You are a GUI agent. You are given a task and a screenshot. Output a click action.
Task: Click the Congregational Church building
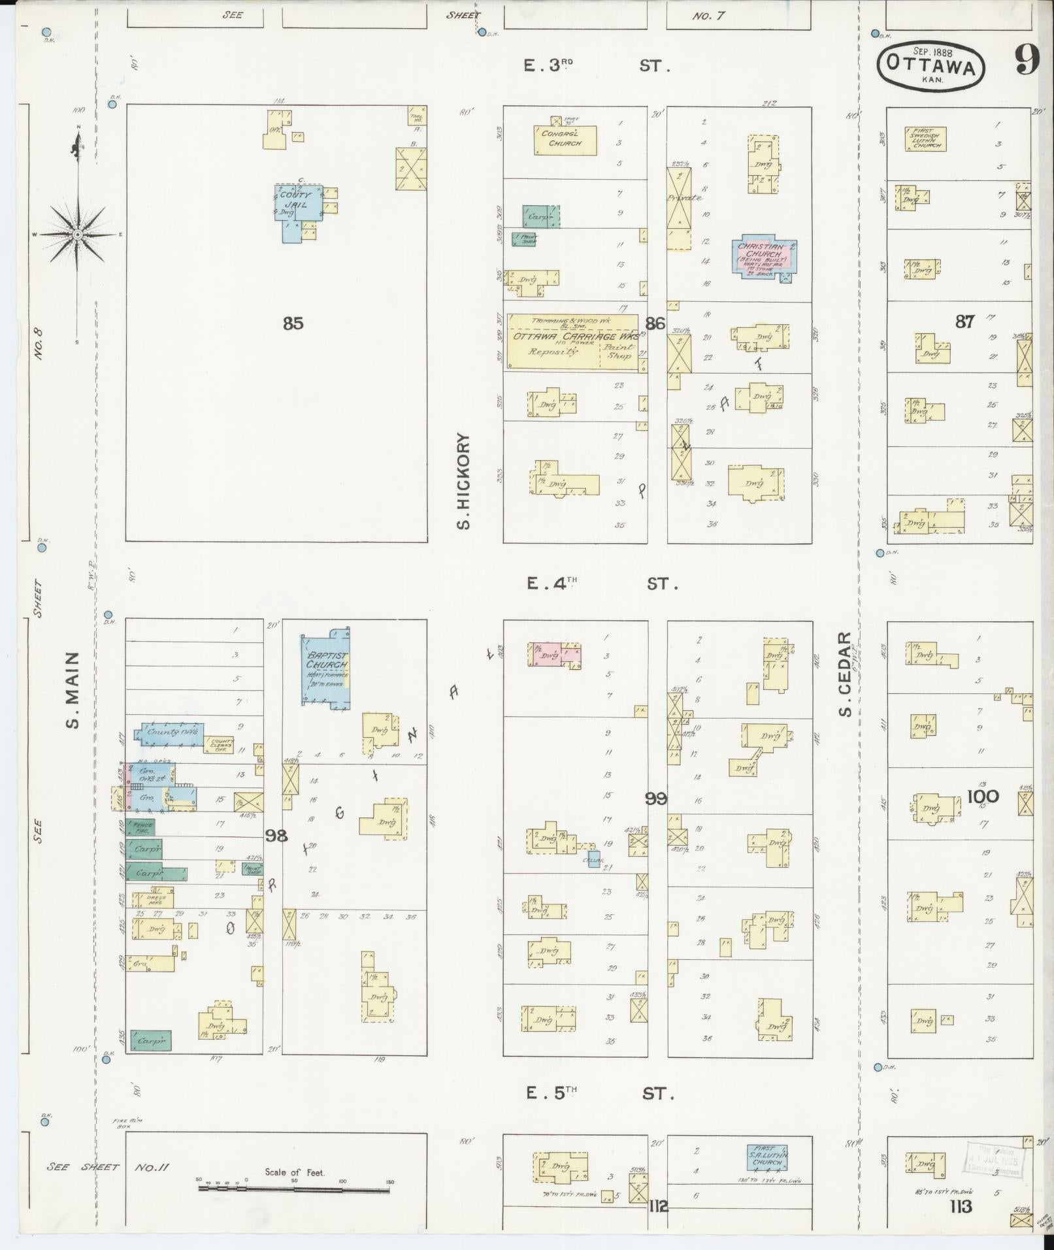(565, 140)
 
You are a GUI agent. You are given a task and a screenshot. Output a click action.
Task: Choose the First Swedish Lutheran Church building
(925, 139)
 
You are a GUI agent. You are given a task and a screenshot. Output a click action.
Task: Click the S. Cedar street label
(846, 673)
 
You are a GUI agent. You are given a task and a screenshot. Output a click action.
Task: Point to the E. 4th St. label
(601, 584)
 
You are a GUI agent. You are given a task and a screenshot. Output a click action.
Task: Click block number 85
(293, 323)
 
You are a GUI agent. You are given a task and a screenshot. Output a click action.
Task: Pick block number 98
(276, 835)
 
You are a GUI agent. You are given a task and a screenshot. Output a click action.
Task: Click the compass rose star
(77, 233)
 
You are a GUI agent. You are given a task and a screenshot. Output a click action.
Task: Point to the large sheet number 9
(1026, 61)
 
